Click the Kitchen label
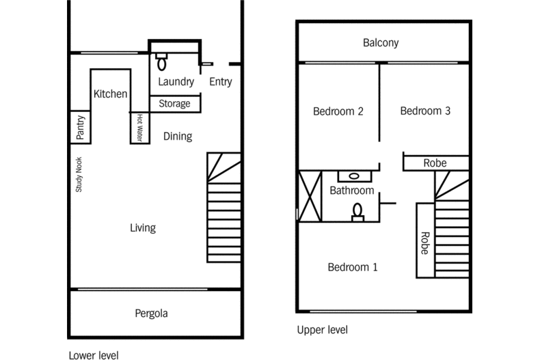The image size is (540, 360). [x=110, y=94]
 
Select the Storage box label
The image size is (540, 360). [x=174, y=104]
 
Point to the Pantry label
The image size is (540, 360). [x=80, y=127]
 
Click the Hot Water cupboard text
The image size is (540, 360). [x=139, y=127]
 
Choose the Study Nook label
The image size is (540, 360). [x=79, y=175]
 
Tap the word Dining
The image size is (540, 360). [x=177, y=136]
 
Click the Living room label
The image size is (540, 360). [x=143, y=227]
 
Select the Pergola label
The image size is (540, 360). [x=150, y=314]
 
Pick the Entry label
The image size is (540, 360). [x=220, y=82]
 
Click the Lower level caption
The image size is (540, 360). [x=94, y=355]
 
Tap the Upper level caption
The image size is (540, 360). [x=322, y=330]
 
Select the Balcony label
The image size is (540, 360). [x=381, y=43]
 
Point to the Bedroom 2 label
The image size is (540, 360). [x=338, y=111]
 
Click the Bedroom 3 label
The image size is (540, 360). [x=425, y=111]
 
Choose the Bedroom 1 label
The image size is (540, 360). [x=352, y=267]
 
